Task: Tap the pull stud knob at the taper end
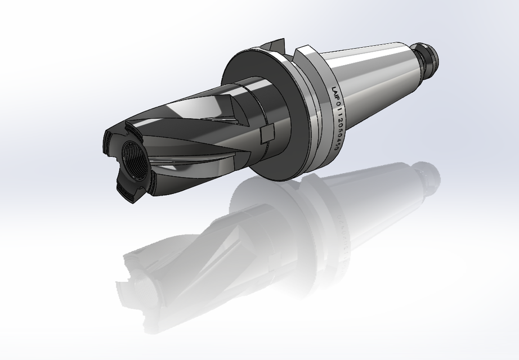[x=429, y=55]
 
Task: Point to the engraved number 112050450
[x=339, y=132]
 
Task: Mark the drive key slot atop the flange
[x=276, y=46]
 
